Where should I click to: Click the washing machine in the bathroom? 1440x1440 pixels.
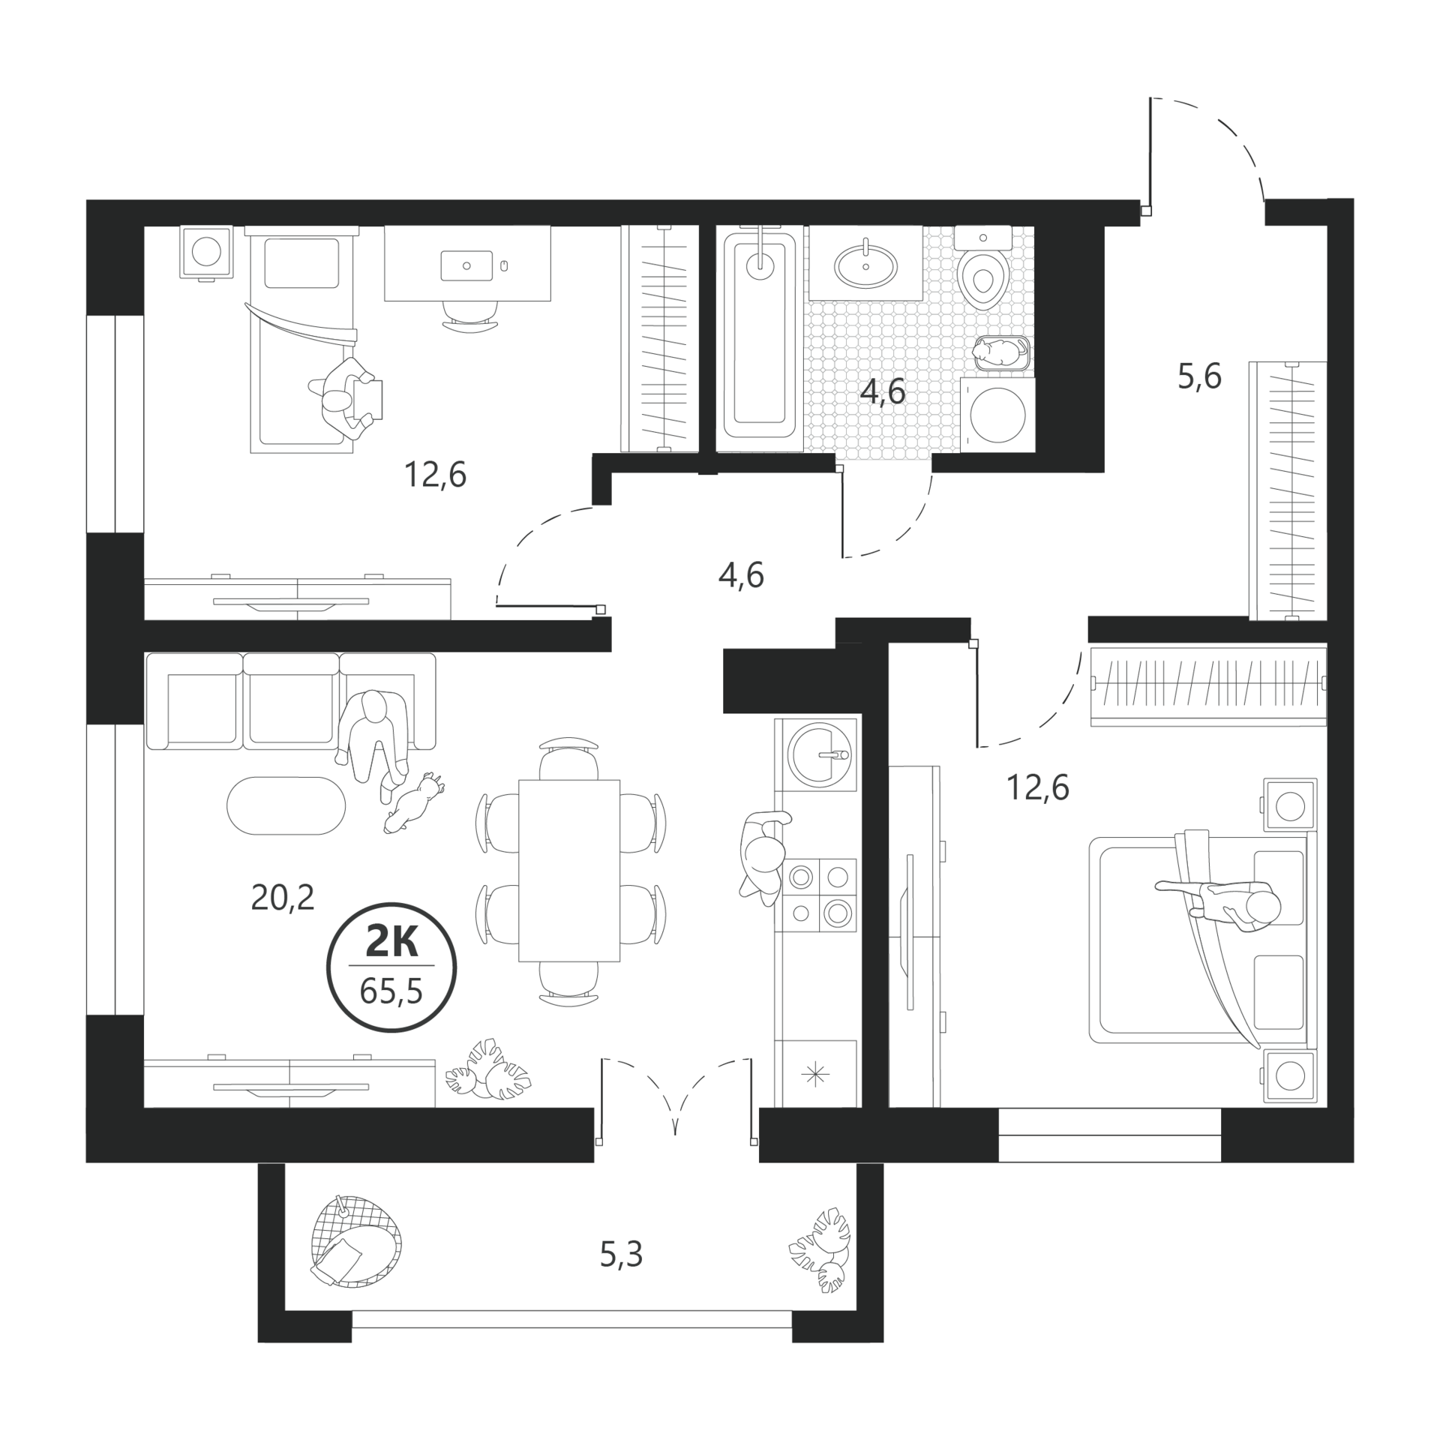click(997, 414)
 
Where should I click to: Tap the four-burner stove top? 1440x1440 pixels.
click(820, 895)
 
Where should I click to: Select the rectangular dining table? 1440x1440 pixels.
click(569, 870)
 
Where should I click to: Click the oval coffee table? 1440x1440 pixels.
click(286, 805)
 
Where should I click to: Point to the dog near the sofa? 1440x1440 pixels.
click(414, 803)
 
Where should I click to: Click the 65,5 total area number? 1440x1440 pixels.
click(391, 991)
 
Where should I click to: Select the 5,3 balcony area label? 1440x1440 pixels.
click(621, 1254)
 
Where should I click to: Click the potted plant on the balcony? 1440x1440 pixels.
click(820, 1249)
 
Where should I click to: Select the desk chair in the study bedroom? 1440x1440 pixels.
click(470, 315)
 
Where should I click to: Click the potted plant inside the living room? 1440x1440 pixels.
click(488, 1071)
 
